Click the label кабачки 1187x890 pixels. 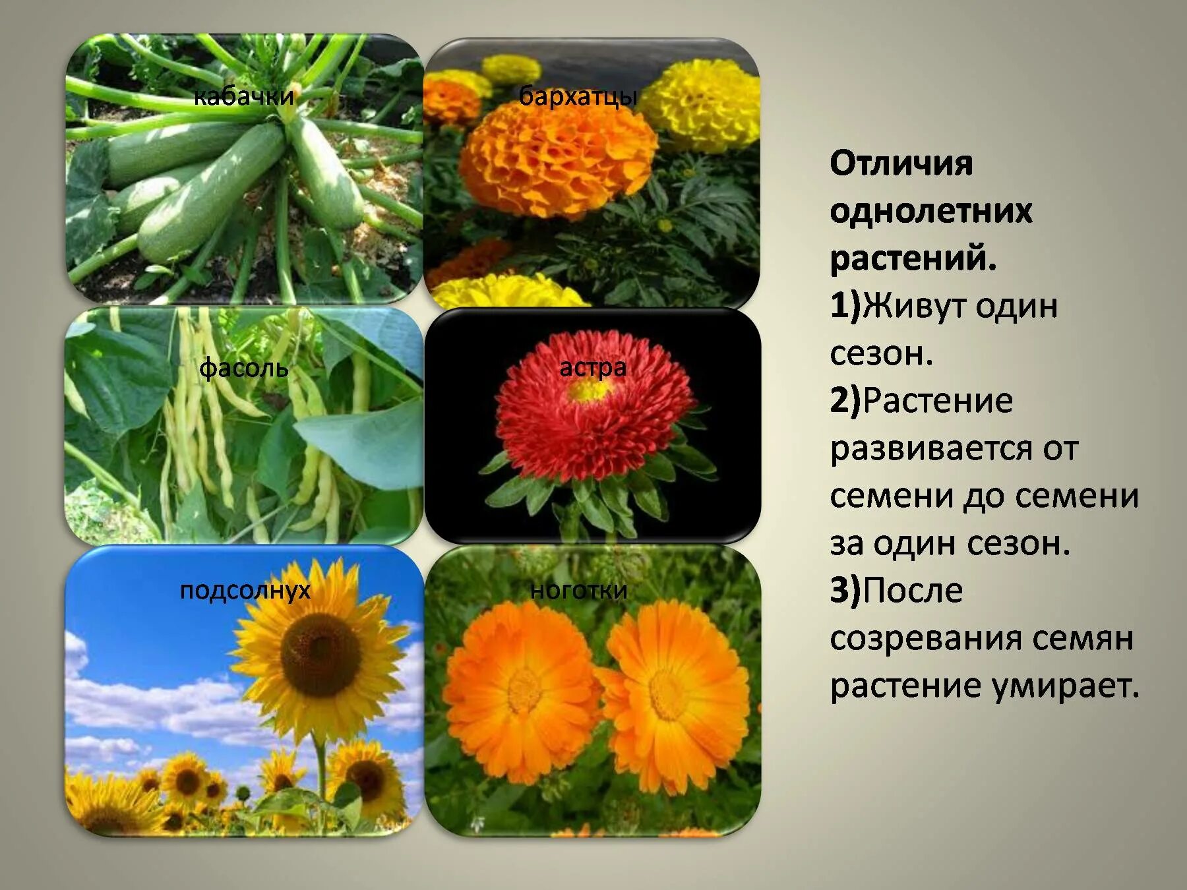(x=244, y=97)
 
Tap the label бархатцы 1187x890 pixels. (x=578, y=96)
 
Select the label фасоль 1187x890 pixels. (x=244, y=368)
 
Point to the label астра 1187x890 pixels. (x=593, y=367)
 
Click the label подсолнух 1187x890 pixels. (x=245, y=590)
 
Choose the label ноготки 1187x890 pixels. (x=578, y=590)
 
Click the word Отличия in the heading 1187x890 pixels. (x=901, y=163)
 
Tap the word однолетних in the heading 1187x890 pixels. (x=930, y=211)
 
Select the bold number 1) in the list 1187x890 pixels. (x=845, y=306)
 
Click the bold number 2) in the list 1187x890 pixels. (x=845, y=400)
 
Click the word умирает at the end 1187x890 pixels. (x=1065, y=686)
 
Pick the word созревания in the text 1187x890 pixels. (x=925, y=638)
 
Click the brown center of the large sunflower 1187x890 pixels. (x=321, y=654)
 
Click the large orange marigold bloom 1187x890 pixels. (x=557, y=158)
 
